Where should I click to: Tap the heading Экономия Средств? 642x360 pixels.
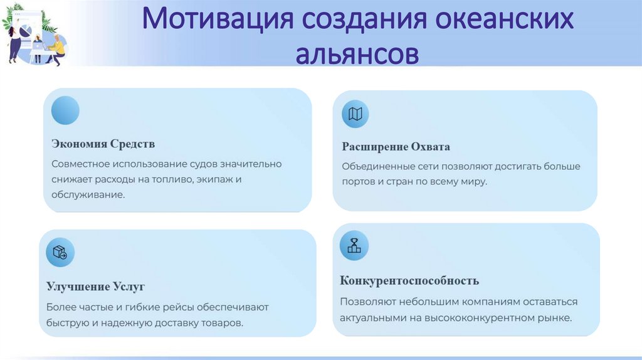tap(103, 144)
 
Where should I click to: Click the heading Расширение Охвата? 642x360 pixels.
tap(396, 147)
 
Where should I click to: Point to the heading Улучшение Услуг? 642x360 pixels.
tap(95, 287)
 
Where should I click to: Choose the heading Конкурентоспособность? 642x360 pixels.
tap(409, 280)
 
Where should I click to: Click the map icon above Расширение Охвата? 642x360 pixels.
tap(355, 114)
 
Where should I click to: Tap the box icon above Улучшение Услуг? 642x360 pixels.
tap(60, 253)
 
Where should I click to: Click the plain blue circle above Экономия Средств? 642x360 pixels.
tap(65, 110)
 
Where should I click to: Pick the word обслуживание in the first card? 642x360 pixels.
tap(88, 195)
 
